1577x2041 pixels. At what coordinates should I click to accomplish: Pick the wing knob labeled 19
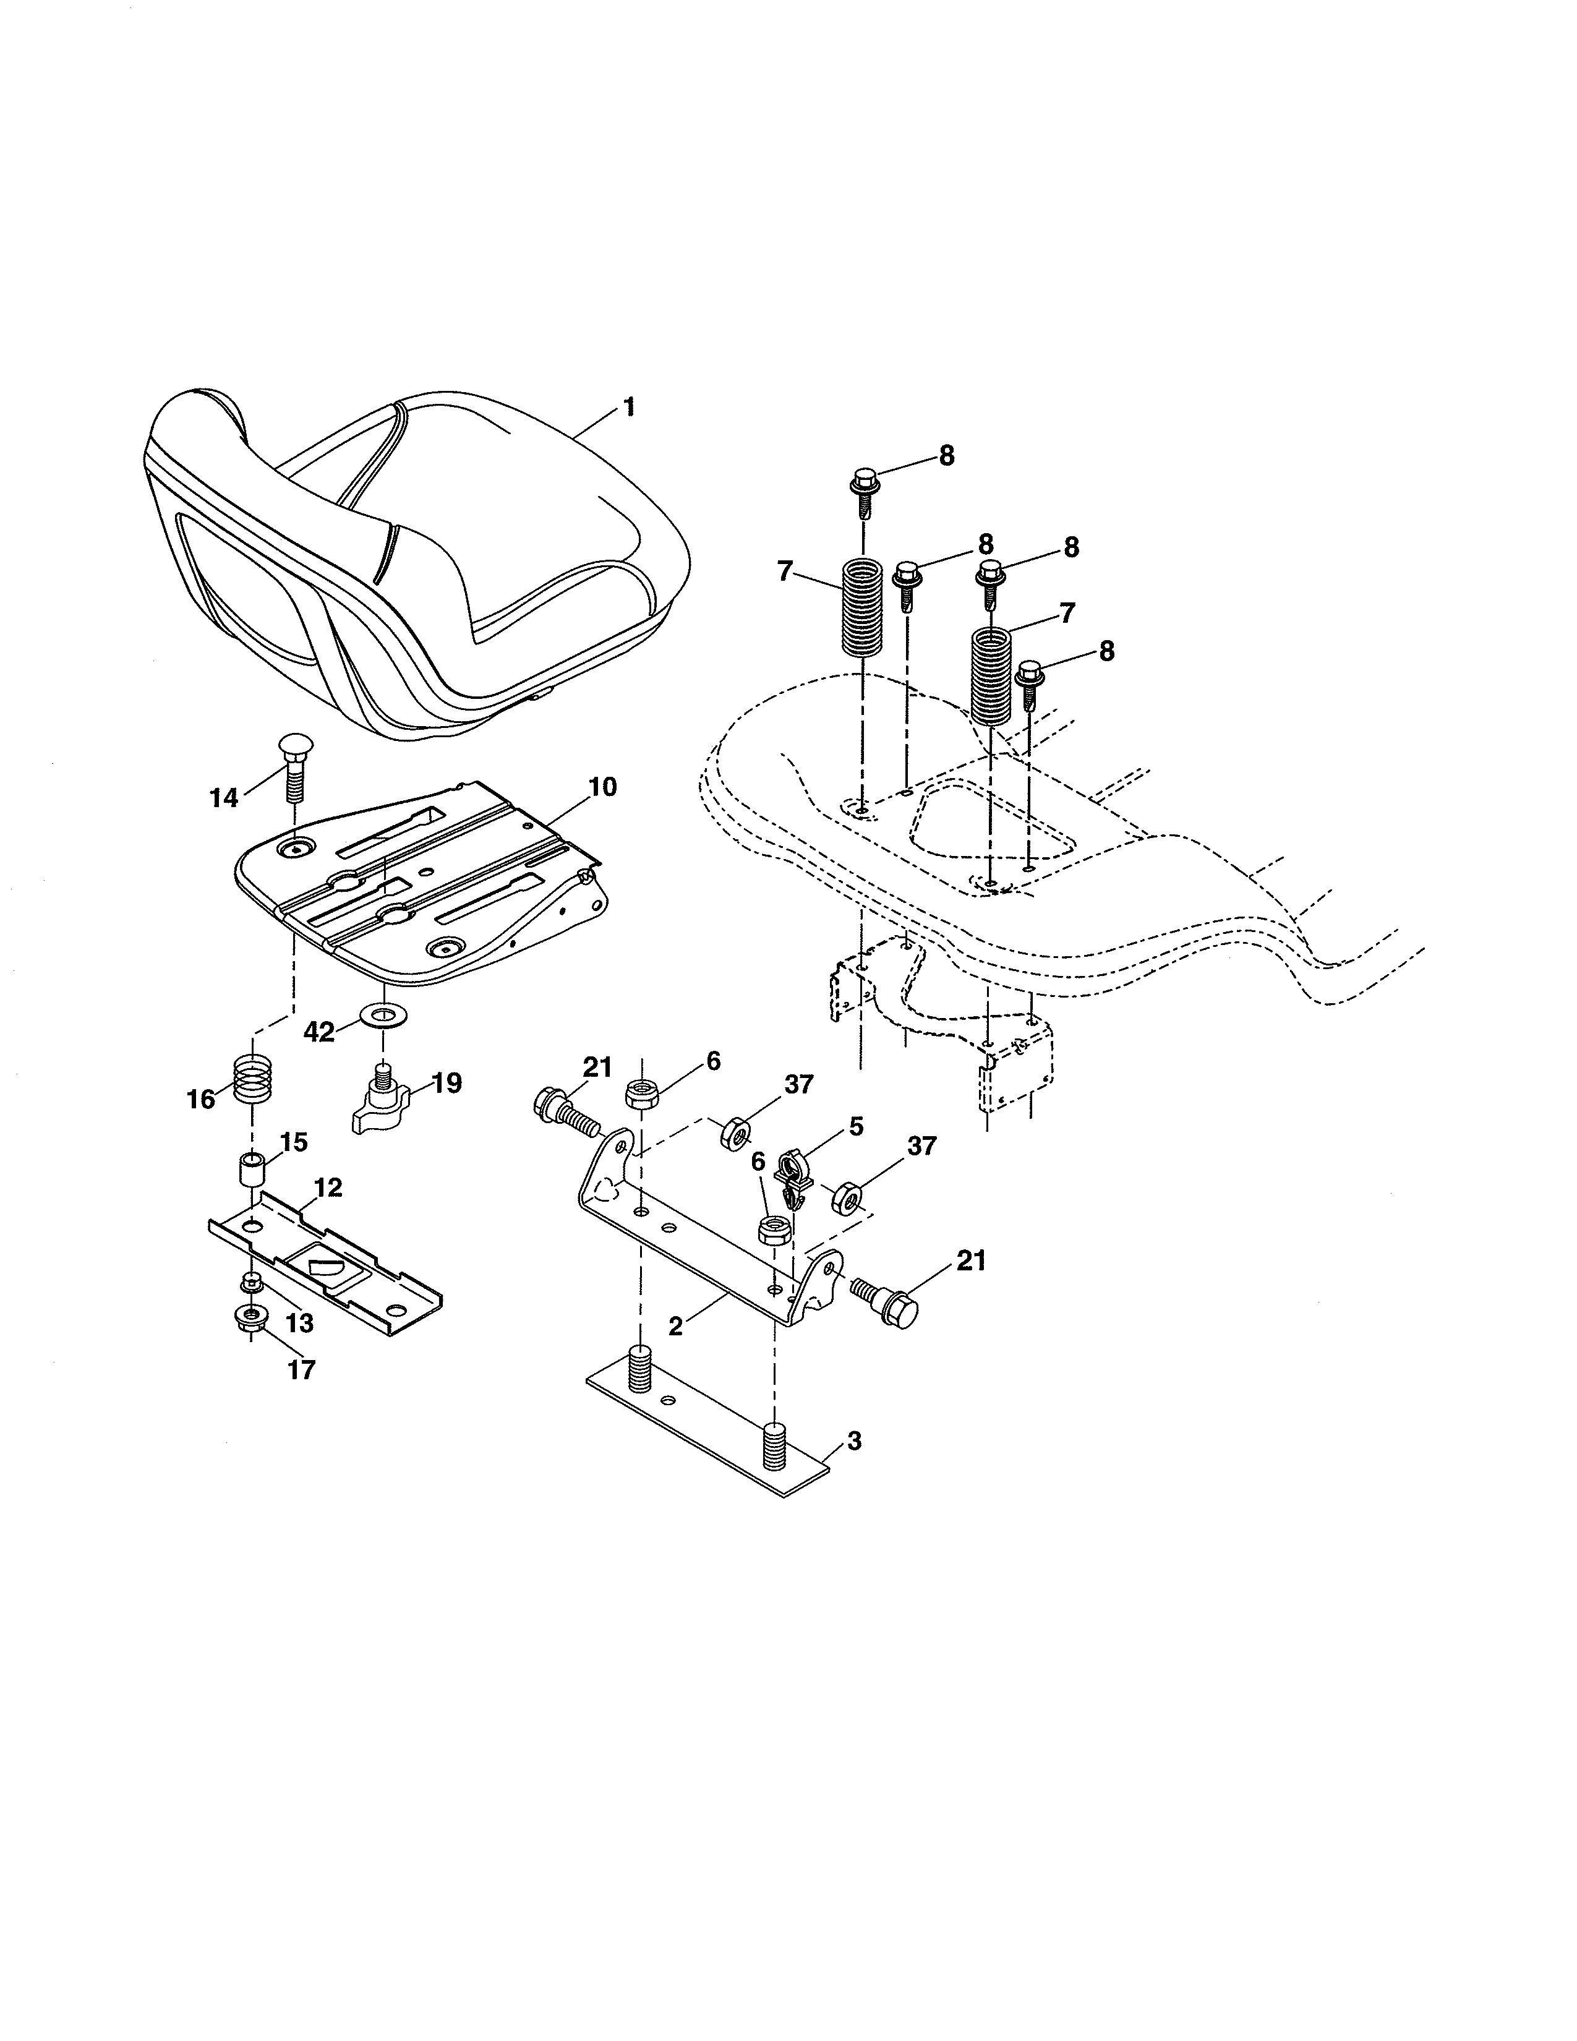[385, 1103]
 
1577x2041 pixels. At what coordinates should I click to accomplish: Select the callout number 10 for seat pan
[602, 787]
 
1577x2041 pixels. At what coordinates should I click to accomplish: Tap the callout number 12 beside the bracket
[328, 1187]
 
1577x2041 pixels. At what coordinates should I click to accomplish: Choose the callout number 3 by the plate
[854, 1441]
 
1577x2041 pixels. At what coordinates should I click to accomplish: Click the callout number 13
[300, 1324]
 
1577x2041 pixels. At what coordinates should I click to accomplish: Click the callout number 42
[318, 1032]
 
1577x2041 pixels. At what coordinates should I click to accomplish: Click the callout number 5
[856, 1126]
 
